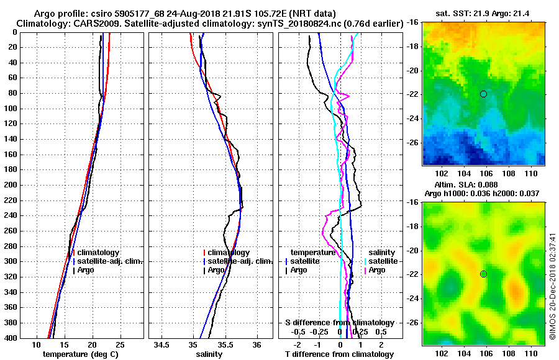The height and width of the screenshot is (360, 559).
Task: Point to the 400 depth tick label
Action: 11,338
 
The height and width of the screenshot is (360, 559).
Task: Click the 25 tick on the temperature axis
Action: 120,345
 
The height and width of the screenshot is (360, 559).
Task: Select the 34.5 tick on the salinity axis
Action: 163,345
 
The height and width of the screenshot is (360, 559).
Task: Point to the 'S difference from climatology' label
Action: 340,323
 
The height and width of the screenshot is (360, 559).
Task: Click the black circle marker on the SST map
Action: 483,94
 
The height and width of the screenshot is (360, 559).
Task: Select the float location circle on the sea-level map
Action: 483,274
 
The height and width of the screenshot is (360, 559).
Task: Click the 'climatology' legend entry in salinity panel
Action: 229,253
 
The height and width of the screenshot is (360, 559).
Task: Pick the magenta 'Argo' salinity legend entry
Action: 377,270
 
